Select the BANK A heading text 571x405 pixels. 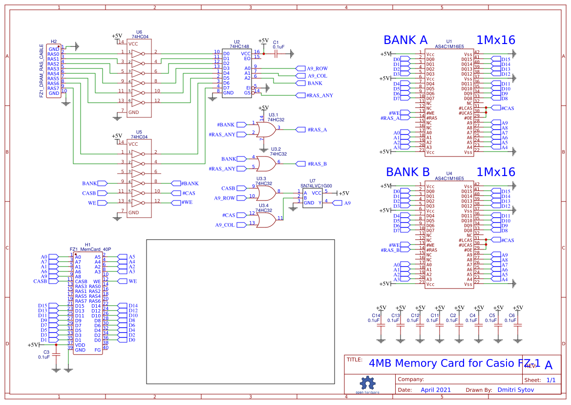tap(405, 40)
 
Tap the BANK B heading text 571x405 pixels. tap(407, 172)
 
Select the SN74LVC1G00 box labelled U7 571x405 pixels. tap(312, 198)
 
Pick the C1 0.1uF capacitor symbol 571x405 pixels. tap(276, 53)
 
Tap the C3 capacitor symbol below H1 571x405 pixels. tap(56, 353)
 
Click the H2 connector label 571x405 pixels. tap(54, 42)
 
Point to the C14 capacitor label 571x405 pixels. tap(376, 315)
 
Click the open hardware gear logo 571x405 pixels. tap(367, 384)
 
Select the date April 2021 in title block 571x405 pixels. tap(436, 390)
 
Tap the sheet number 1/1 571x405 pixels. tap(550, 380)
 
